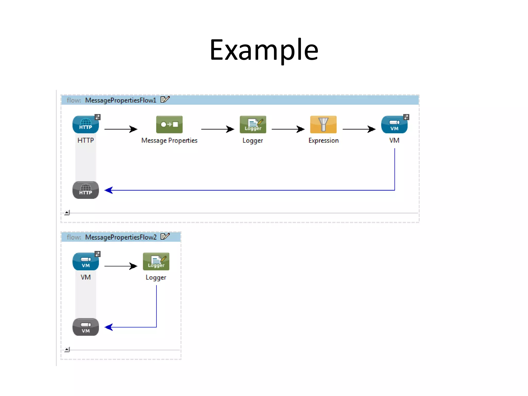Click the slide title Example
point(264,50)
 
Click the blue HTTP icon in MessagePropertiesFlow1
point(86,125)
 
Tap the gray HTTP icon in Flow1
point(86,190)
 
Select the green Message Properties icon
point(169,125)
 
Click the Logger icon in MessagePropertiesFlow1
point(253,125)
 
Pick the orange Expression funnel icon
point(323,125)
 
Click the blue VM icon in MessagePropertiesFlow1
point(394,125)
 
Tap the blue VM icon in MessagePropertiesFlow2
point(86,262)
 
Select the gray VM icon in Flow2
point(86,327)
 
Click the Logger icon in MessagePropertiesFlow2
point(156,261)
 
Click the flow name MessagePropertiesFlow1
point(121,100)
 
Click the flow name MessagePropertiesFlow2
point(121,237)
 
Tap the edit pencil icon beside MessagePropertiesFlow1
point(165,100)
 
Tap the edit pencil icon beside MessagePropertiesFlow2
point(165,236)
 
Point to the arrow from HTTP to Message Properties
point(121,129)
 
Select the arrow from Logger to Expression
point(288,129)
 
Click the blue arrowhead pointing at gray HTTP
point(109,190)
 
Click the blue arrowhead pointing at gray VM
point(109,327)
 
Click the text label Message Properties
point(169,141)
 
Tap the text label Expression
point(323,141)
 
